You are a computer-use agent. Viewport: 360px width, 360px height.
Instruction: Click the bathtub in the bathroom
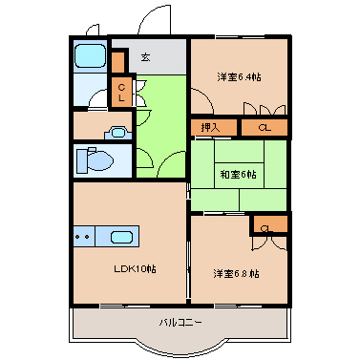point(90,56)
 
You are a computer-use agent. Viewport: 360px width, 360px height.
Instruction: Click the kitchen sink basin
point(121,237)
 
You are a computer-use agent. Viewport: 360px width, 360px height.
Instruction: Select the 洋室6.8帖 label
point(236,273)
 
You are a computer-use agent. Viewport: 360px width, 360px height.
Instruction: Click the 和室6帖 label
point(238,174)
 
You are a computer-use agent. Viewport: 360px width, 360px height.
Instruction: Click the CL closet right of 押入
point(264,127)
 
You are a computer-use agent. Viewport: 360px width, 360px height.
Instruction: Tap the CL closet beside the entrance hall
point(122,93)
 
